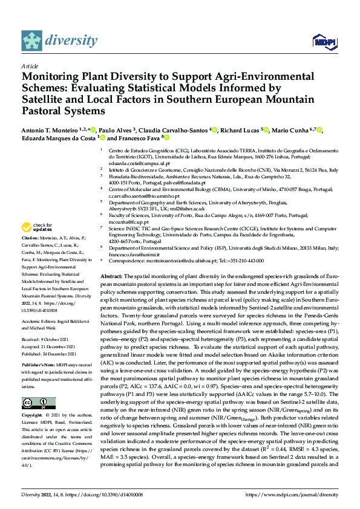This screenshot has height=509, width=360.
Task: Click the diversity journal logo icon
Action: coord(33,41)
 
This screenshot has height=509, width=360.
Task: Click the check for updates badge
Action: coord(36,228)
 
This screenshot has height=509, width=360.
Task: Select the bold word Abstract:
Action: coord(113,276)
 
